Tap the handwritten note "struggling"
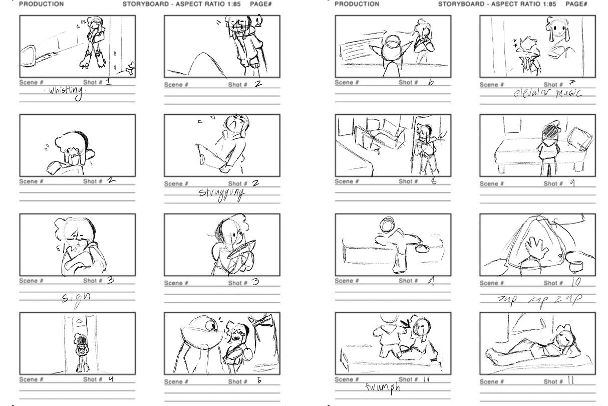(x=222, y=193)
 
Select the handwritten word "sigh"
(x=77, y=297)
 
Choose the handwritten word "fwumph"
(x=383, y=387)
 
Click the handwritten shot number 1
(x=109, y=82)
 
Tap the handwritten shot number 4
(x=111, y=379)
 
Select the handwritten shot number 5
(x=259, y=380)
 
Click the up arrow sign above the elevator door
(x=79, y=321)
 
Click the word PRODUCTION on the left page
(x=42, y=4)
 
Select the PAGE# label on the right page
(x=576, y=4)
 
